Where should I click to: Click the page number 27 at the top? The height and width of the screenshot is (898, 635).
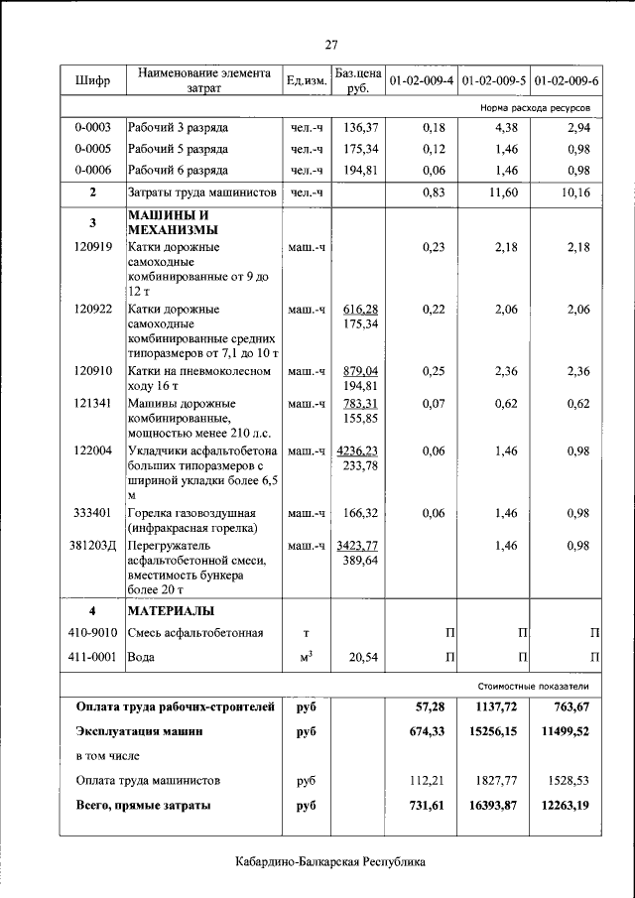click(331, 43)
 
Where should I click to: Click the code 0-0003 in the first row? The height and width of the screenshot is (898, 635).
click(92, 128)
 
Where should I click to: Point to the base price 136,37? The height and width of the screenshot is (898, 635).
click(359, 128)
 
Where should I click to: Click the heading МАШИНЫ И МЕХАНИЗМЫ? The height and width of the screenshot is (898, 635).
click(167, 222)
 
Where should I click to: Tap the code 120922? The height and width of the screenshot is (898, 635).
click(92, 310)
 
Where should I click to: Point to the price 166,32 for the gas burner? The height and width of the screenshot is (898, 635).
click(359, 513)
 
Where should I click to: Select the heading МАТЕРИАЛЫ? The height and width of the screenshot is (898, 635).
click(171, 610)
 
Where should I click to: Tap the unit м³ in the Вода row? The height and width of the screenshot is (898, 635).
click(306, 655)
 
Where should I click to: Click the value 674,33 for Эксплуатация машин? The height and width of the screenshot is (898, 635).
click(427, 731)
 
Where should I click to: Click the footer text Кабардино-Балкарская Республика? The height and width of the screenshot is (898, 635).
click(330, 861)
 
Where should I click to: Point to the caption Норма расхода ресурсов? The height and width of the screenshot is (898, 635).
click(535, 104)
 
